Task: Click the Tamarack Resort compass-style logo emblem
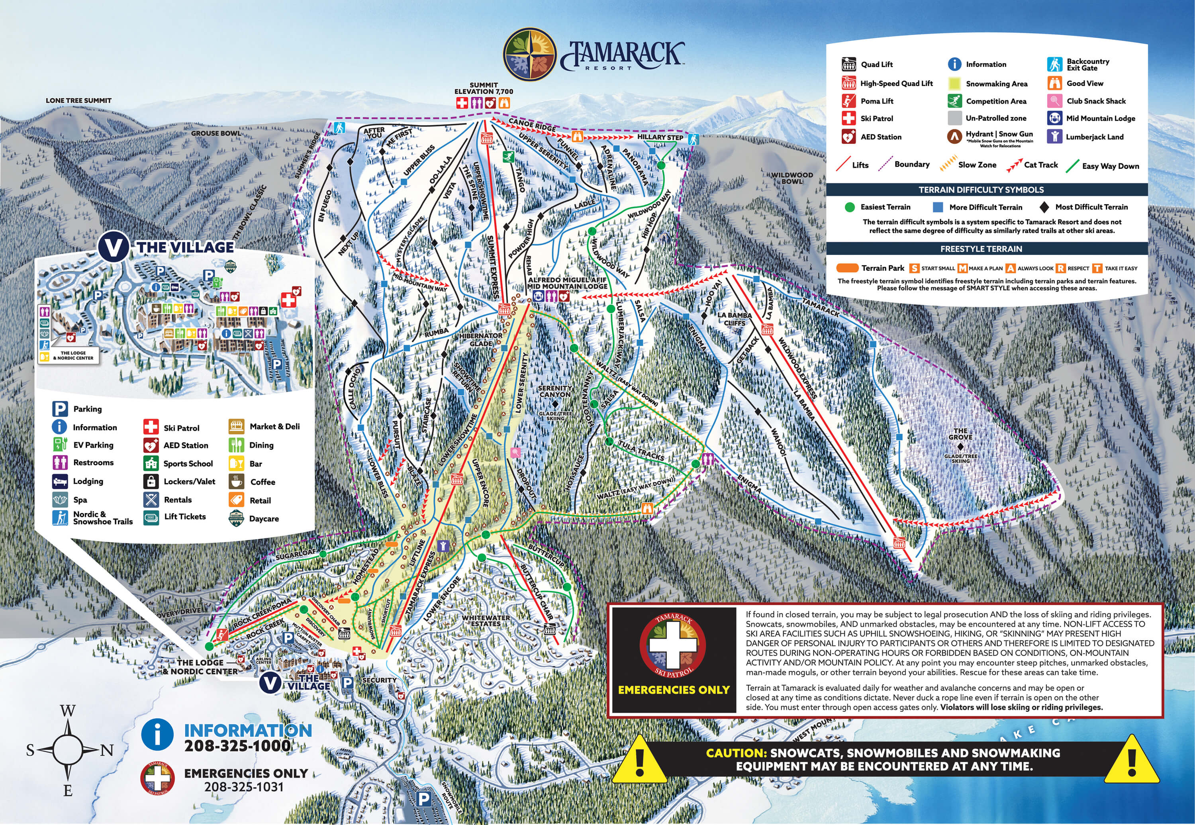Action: [529, 55]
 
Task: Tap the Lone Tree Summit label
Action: [78, 100]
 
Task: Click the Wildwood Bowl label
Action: [792, 178]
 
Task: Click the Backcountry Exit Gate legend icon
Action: [1054, 65]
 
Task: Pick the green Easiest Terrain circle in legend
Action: [849, 207]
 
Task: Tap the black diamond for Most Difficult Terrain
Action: [1044, 207]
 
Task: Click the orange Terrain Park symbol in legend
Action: [847, 268]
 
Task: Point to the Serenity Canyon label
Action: [555, 391]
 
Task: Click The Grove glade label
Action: [960, 434]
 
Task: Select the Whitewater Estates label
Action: [486, 620]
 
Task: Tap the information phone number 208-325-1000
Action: [238, 746]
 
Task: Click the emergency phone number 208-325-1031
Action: [244, 787]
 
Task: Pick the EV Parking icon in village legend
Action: [60, 445]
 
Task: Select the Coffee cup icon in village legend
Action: [237, 482]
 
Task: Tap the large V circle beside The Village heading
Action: [113, 247]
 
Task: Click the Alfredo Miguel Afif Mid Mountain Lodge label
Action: [567, 283]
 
